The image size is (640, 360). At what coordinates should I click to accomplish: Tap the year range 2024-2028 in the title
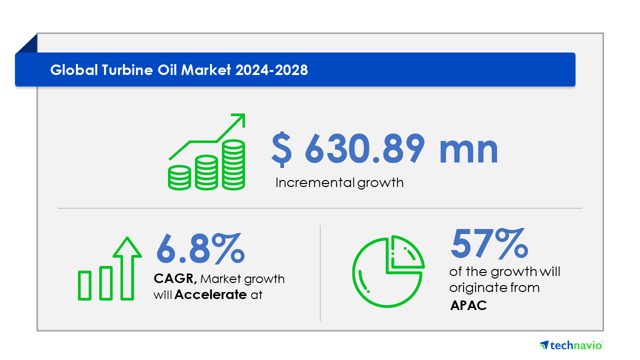(271, 70)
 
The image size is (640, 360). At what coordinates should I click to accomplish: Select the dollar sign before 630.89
(281, 149)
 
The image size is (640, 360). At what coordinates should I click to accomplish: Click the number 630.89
(365, 149)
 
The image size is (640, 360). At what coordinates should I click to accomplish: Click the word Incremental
(315, 182)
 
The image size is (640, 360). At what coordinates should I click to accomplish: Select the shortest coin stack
(179, 177)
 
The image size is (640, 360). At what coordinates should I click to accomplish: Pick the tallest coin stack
(233, 164)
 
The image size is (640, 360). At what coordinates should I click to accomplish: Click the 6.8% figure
(200, 248)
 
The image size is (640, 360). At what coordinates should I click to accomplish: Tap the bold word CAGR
(175, 278)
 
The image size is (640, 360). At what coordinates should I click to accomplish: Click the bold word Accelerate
(210, 294)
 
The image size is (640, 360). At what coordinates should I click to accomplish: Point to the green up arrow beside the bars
(127, 268)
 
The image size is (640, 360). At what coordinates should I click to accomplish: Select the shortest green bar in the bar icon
(84, 285)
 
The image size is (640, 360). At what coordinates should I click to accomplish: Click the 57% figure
(489, 243)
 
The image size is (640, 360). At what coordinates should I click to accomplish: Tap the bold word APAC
(468, 305)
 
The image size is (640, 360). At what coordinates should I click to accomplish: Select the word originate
(478, 288)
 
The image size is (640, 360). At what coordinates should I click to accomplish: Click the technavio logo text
(576, 345)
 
